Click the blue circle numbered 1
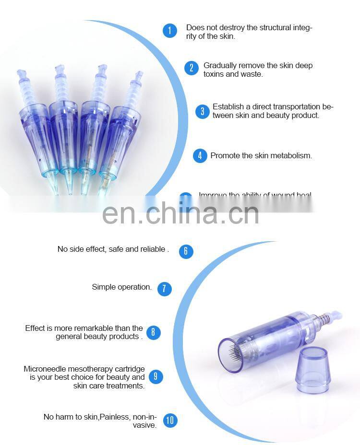tap(170, 31)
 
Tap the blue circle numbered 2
tap(191, 68)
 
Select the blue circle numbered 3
tap(202, 111)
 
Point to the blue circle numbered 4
tap(200, 155)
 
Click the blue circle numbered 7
tap(164, 289)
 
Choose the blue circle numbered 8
tap(154, 332)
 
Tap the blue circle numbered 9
tap(156, 376)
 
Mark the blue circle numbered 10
tap(170, 421)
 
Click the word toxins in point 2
tap(216, 74)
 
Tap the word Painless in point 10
tap(115, 416)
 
